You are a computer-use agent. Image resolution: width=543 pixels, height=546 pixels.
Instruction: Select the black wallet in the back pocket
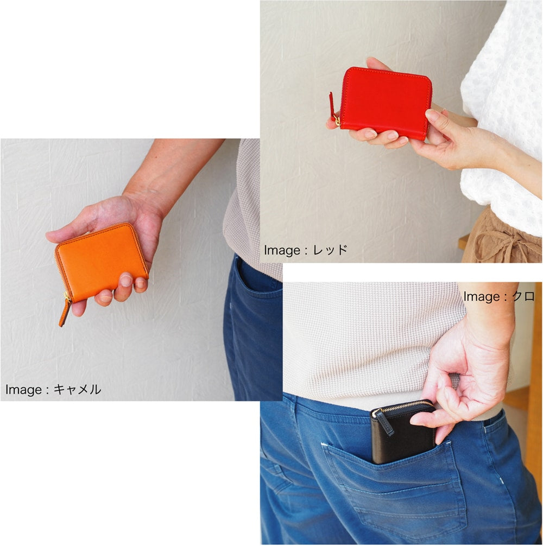tap(403, 432)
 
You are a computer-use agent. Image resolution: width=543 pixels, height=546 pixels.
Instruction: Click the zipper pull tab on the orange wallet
tap(65, 312)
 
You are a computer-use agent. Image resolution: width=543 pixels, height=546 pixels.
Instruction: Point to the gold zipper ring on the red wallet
tap(337, 119)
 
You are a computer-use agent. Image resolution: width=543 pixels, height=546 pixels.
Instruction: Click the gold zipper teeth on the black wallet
tap(404, 406)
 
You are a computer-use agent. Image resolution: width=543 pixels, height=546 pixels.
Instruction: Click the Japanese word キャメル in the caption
tap(77, 389)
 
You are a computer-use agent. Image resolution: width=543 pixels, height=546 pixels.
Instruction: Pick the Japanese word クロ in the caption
tap(523, 296)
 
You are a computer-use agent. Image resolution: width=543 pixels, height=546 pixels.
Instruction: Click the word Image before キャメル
tap(24, 389)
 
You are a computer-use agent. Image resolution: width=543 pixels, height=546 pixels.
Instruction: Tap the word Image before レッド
tap(282, 250)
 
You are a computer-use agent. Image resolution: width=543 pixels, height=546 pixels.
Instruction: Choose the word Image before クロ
tap(482, 297)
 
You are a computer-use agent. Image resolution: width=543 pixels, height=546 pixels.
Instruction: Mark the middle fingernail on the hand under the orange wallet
tap(125, 280)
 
